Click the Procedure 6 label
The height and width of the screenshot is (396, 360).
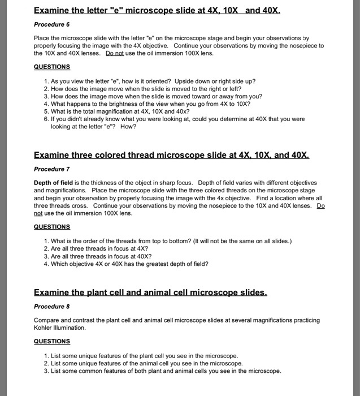52,25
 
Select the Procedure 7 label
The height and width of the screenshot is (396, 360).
52,169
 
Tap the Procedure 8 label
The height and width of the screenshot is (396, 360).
52,307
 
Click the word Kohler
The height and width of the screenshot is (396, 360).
46,328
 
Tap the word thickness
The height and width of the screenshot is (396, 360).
102,183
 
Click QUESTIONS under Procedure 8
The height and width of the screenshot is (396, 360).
52,341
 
